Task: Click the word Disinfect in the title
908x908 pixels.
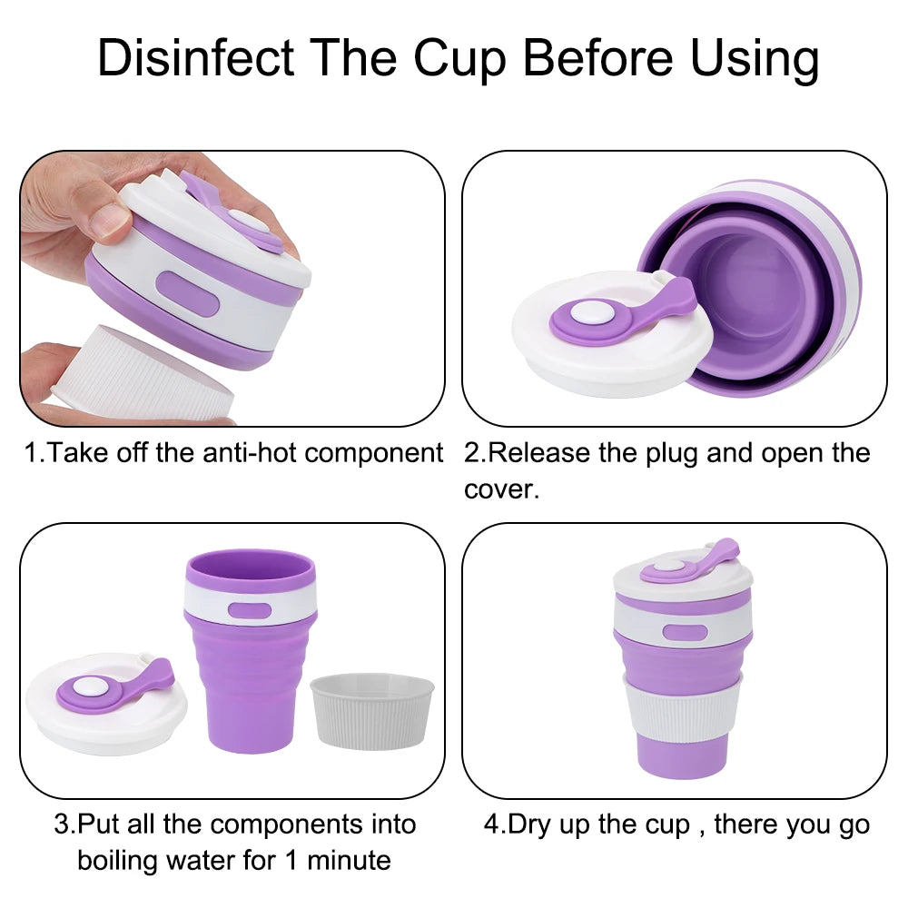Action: (195, 58)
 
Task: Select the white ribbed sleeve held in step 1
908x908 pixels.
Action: (145, 381)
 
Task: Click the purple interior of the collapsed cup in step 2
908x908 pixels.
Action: (745, 291)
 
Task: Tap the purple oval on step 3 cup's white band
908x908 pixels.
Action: (251, 610)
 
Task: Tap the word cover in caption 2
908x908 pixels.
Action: (499, 489)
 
